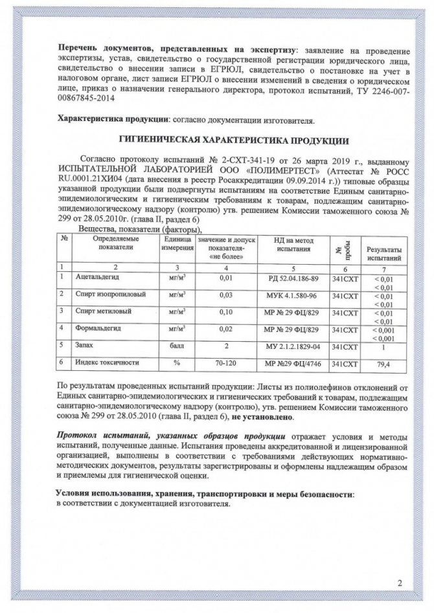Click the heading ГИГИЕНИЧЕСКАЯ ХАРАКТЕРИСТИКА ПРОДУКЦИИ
click(236, 140)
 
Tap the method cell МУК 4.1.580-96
click(288, 295)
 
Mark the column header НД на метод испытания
click(288, 245)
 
